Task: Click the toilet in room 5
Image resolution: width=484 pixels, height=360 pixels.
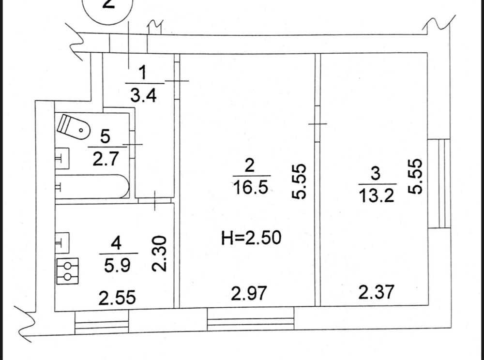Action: (x=73, y=127)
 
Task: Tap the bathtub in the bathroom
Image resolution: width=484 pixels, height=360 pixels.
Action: (x=92, y=186)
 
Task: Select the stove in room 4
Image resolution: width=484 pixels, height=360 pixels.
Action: (x=68, y=271)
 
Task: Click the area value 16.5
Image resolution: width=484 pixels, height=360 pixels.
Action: (x=250, y=187)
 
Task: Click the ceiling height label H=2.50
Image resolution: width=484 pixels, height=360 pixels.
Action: (x=251, y=238)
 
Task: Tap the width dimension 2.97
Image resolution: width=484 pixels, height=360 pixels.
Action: (x=248, y=293)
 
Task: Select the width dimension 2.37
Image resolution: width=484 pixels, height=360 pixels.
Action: (x=376, y=291)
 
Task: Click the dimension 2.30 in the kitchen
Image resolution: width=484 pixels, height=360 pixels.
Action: (x=159, y=254)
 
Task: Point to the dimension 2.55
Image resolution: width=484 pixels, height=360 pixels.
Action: (x=117, y=298)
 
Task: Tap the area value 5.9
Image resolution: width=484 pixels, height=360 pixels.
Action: (x=117, y=265)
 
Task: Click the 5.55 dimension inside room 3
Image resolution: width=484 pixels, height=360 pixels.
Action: (x=415, y=176)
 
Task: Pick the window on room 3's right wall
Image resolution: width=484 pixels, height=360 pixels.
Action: (x=439, y=183)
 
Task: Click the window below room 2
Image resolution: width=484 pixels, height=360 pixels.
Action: (x=251, y=319)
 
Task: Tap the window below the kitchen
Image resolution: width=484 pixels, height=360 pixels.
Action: (x=102, y=322)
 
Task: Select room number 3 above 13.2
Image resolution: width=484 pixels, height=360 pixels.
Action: (x=376, y=173)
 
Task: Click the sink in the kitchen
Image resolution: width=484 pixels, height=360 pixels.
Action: (x=62, y=243)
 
